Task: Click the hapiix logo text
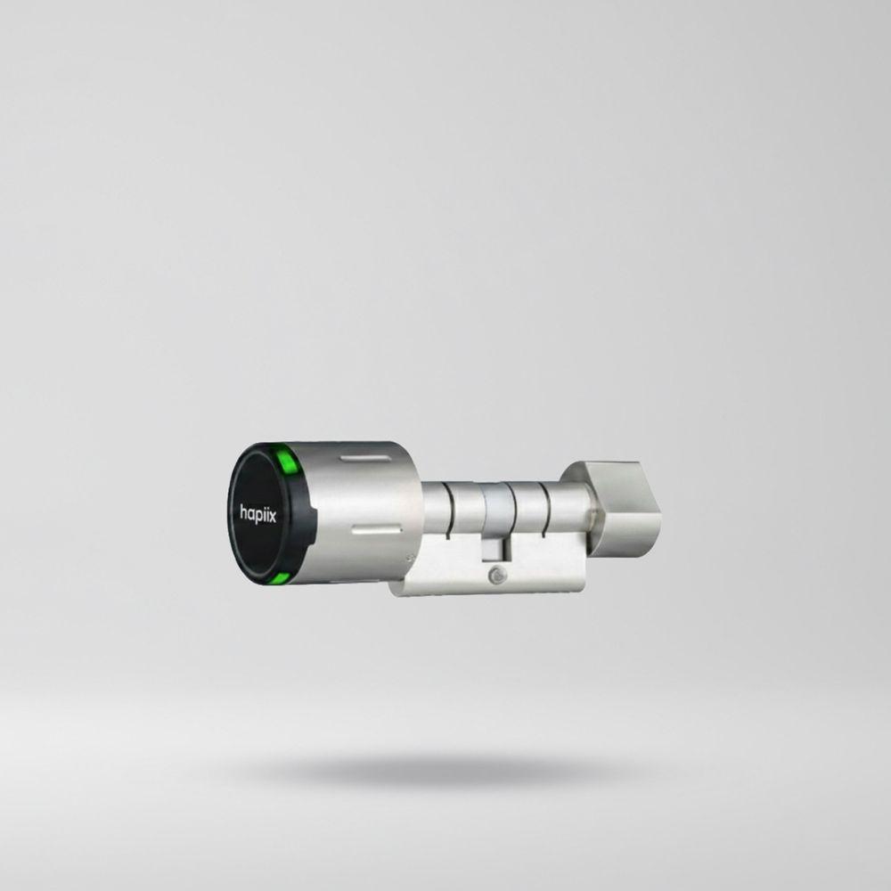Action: coord(258,515)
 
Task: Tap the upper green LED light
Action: coord(288,462)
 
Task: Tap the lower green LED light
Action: coord(280,579)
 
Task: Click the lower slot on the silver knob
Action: coord(377,530)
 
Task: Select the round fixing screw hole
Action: coord(496,576)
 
